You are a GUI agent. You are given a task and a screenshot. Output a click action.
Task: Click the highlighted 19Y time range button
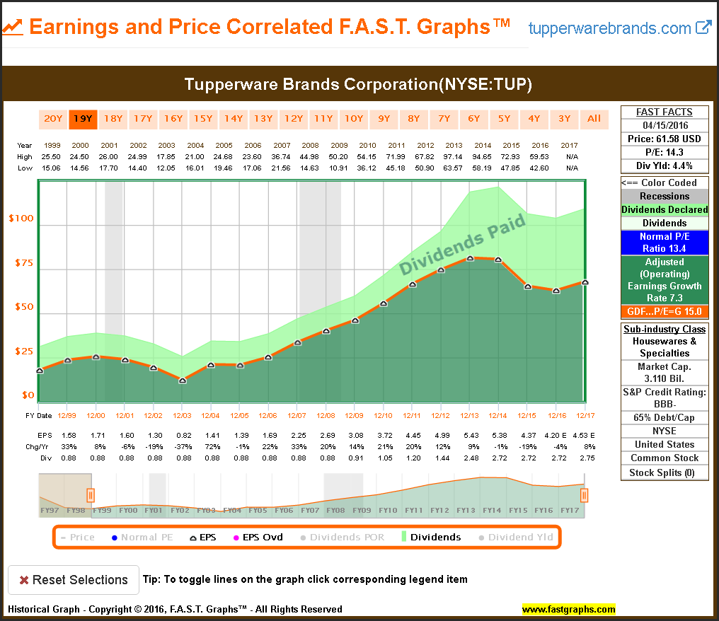click(83, 119)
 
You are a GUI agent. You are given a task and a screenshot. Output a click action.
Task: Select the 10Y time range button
click(353, 119)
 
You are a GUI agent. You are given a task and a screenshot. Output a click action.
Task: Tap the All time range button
click(594, 119)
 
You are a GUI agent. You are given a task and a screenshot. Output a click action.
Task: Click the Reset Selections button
click(73, 580)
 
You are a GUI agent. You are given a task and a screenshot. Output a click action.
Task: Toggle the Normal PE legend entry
click(142, 538)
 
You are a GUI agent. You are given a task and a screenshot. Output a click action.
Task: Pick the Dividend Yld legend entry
click(516, 538)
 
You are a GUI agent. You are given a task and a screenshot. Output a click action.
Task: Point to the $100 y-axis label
click(21, 219)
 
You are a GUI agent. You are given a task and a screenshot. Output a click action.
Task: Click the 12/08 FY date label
click(326, 415)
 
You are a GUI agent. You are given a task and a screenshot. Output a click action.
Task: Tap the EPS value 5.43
click(470, 435)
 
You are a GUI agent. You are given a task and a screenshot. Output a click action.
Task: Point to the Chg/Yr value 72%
click(210, 446)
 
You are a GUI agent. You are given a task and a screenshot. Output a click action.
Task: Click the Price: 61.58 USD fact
click(665, 139)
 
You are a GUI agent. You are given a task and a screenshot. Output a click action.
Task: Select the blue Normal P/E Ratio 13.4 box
click(665, 243)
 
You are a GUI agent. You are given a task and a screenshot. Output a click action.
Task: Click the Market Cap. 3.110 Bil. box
click(665, 373)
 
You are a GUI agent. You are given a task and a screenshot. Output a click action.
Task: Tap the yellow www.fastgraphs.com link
click(569, 609)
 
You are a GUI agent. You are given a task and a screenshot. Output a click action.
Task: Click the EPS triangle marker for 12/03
click(183, 381)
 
